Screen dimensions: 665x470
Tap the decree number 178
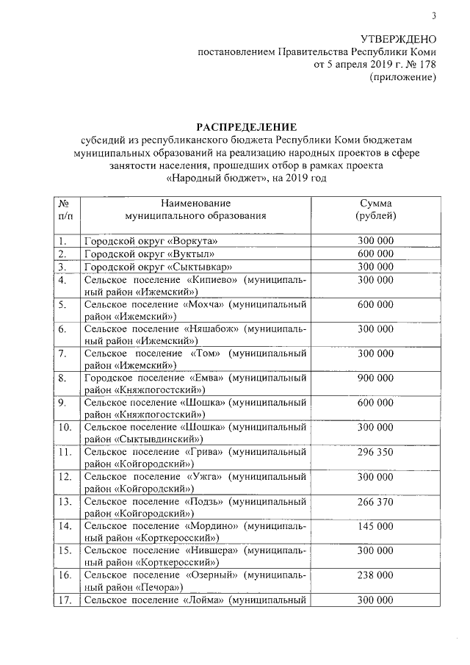pyautogui.click(x=427, y=64)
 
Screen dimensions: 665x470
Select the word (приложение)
pyautogui.click(x=402, y=77)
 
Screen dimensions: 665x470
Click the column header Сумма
pyautogui.click(x=375, y=203)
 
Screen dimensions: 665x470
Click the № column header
pyautogui.click(x=64, y=203)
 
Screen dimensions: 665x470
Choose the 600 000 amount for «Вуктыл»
pyautogui.click(x=375, y=254)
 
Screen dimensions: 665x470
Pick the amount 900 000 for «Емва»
pyautogui.click(x=375, y=378)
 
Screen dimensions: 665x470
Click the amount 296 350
pyautogui.click(x=375, y=453)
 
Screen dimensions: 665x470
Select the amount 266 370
pyautogui.click(x=375, y=503)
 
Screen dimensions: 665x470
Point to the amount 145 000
pyautogui.click(x=375, y=528)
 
